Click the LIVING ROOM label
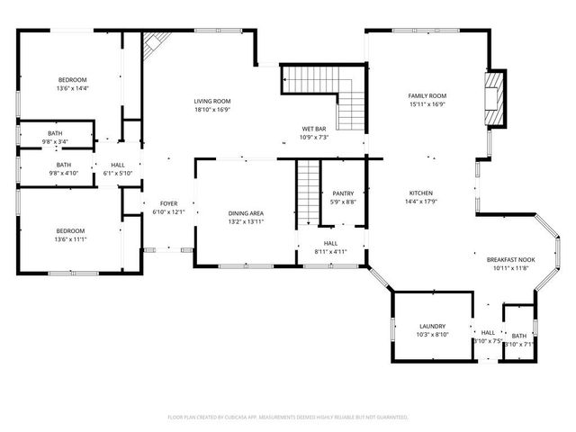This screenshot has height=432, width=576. tap(213, 101)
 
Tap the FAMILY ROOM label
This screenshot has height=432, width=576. tap(427, 95)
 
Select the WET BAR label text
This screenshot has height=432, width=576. tap(314, 130)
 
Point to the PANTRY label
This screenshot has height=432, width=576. tap(343, 193)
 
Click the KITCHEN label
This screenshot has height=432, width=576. tap(422, 193)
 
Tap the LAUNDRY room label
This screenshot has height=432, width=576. tap(432, 326)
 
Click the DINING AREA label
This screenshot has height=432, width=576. tap(246, 212)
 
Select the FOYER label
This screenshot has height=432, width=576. tap(169, 204)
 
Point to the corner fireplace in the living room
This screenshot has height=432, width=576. tap(157, 41)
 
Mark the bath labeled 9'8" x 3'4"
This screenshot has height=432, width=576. tap(56, 137)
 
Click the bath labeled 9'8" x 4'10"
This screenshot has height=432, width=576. tap(64, 168)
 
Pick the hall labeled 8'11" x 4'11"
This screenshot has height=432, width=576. tap(330, 247)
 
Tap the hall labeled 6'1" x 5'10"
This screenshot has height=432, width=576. tap(118, 168)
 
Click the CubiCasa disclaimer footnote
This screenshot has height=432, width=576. tap(288, 418)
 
